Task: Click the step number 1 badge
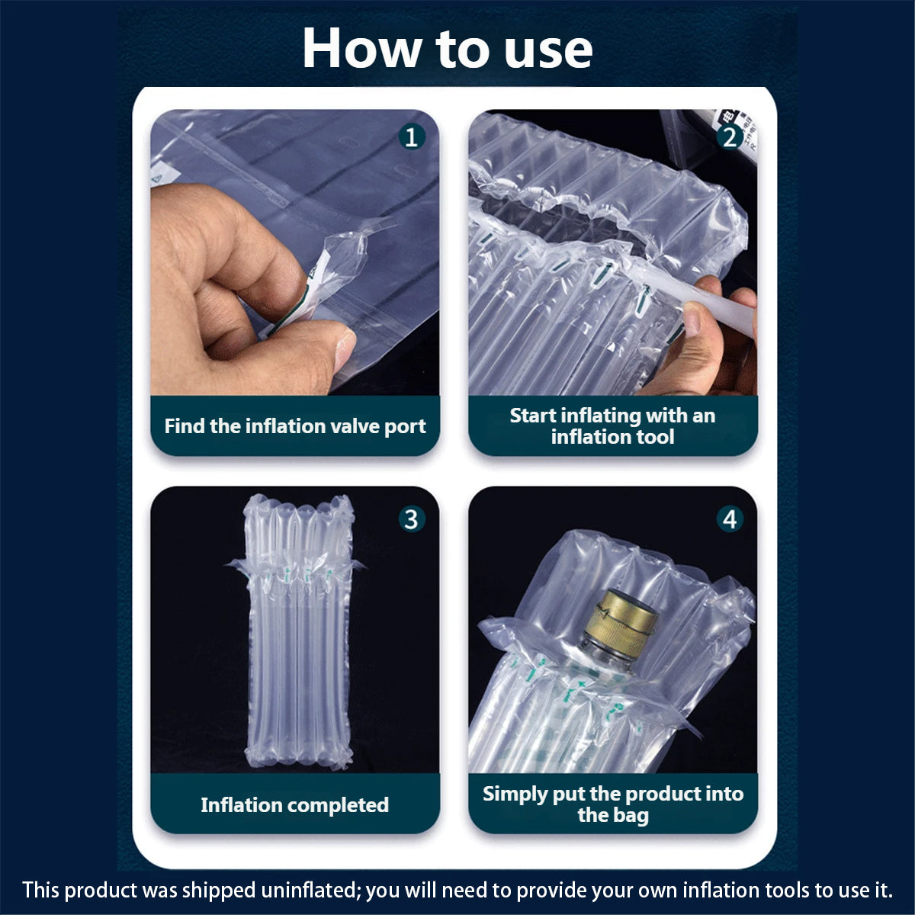(x=412, y=137)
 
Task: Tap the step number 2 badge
(x=730, y=137)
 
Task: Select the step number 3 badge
(x=412, y=519)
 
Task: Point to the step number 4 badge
(x=730, y=519)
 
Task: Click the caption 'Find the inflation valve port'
(x=295, y=425)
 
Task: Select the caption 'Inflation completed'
(x=295, y=804)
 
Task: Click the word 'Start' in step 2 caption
(x=533, y=416)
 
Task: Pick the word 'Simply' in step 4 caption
(x=515, y=794)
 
